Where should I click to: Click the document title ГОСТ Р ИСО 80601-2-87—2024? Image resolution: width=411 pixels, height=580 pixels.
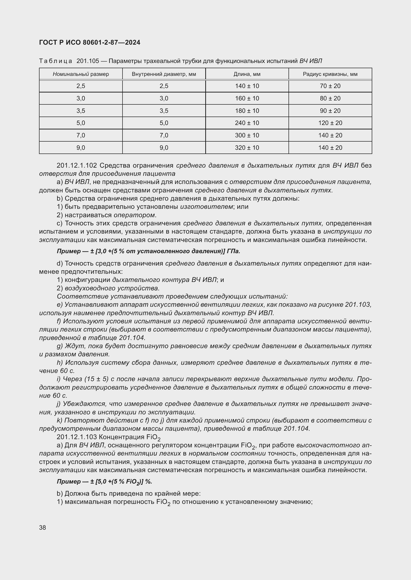tap(90, 42)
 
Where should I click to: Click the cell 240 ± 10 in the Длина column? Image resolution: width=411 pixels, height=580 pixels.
tap(247, 123)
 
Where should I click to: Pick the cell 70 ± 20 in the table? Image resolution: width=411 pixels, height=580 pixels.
tap(330, 86)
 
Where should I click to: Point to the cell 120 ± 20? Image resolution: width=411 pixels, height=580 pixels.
tap(330, 123)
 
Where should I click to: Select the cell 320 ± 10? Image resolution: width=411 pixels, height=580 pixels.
tap(247, 148)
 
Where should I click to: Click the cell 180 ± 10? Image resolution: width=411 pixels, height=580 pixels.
tap(247, 111)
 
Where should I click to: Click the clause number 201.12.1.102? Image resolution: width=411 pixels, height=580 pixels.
tap(77, 165)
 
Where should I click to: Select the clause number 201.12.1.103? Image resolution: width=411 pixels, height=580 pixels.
tap(77, 437)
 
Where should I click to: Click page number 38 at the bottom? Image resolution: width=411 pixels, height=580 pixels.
tap(42, 527)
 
